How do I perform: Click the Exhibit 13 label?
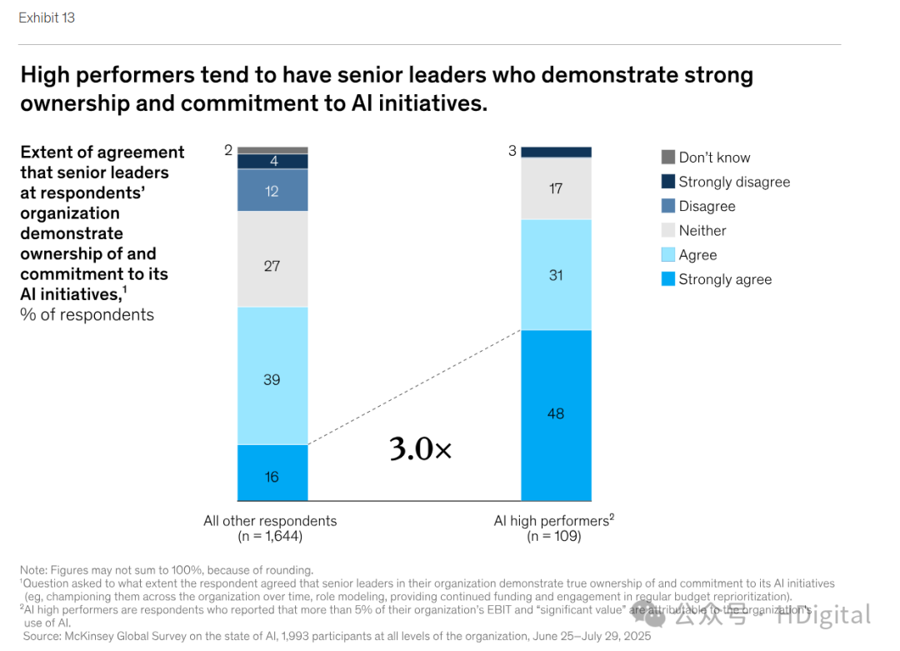click(x=47, y=18)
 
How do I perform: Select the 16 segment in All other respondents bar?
click(x=272, y=473)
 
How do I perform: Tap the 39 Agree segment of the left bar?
click(x=272, y=376)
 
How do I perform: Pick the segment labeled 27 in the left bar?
click(x=272, y=259)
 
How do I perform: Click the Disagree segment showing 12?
click(x=272, y=191)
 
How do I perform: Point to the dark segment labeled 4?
click(x=272, y=162)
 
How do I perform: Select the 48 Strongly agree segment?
click(x=556, y=415)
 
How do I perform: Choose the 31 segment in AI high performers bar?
click(x=556, y=275)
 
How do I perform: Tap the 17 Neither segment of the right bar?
click(x=556, y=188)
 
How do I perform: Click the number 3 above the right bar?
click(x=512, y=151)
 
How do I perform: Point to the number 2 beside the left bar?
click(x=228, y=150)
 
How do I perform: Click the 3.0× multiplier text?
click(x=421, y=449)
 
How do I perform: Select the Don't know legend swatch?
click(x=668, y=157)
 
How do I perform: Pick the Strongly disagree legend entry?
click(x=733, y=182)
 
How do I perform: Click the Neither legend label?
click(x=702, y=231)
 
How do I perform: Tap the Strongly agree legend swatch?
click(x=668, y=279)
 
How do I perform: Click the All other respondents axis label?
click(x=270, y=521)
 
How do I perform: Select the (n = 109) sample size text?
click(x=553, y=537)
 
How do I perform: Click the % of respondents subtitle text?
click(x=87, y=315)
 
